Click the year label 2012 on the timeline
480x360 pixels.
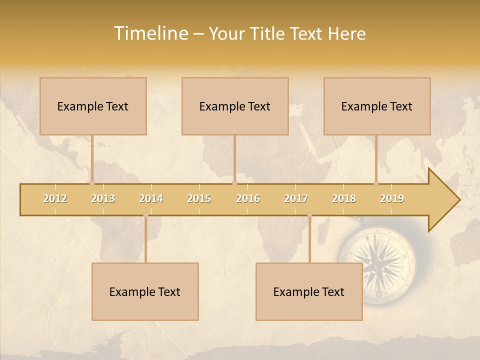tap(55, 198)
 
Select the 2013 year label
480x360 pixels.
tap(103, 198)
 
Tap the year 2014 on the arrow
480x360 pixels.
tap(151, 198)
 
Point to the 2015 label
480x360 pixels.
tap(199, 198)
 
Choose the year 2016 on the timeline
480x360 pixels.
tap(248, 198)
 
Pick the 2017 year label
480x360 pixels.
tap(296, 198)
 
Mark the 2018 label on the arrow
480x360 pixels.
tap(344, 198)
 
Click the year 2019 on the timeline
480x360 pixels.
tap(392, 198)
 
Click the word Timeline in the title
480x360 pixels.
tap(150, 33)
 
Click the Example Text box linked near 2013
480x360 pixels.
tap(93, 106)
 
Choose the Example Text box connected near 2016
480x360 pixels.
tap(235, 106)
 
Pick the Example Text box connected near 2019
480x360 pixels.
tap(377, 106)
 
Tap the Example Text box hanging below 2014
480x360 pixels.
tap(145, 291)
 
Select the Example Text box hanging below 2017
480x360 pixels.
tap(309, 291)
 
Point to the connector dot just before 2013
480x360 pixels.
tap(92, 183)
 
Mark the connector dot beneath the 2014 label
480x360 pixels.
tap(145, 215)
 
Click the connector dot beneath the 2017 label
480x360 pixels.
tap(309, 215)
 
